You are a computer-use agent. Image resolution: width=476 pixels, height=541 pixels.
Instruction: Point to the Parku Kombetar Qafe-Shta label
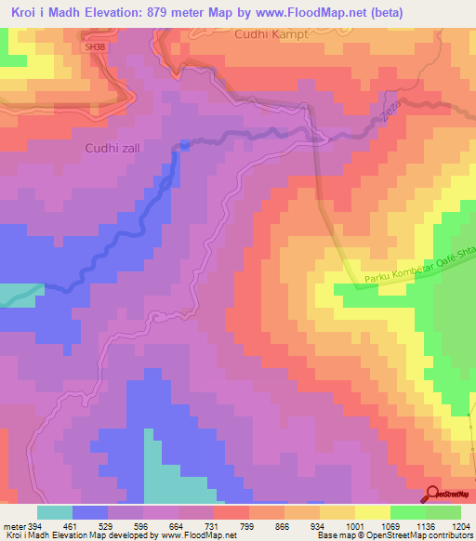pos(418,270)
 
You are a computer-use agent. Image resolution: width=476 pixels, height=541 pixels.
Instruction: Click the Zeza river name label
pos(387,110)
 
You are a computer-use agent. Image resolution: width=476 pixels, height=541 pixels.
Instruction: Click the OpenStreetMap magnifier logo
pos(432,493)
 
